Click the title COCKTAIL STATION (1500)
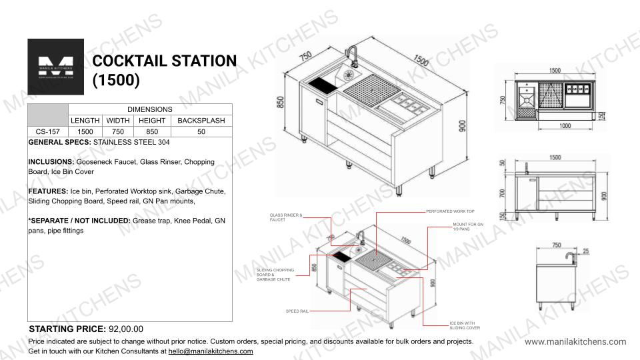pos(164,70)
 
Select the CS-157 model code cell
pos(48,132)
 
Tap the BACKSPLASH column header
pos(201,121)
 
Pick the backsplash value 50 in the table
pos(201,132)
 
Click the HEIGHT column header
pos(153,121)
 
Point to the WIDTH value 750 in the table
pos(119,132)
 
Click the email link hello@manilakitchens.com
pos(211,351)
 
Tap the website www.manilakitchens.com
pos(575,342)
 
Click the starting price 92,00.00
pos(124,329)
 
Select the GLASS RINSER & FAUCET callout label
pos(286,217)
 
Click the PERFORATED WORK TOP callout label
pos(450,211)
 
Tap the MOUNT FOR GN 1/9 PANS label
pos(468,227)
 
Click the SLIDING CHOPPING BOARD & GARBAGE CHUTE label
pos(273,275)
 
